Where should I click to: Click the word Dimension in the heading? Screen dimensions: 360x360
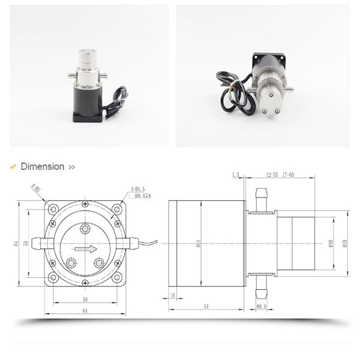point(42,167)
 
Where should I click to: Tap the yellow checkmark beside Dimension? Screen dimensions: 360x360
point(13,167)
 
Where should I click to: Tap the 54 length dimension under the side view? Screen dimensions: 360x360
point(206,306)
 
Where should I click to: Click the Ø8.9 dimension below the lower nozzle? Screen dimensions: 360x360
point(261,307)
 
